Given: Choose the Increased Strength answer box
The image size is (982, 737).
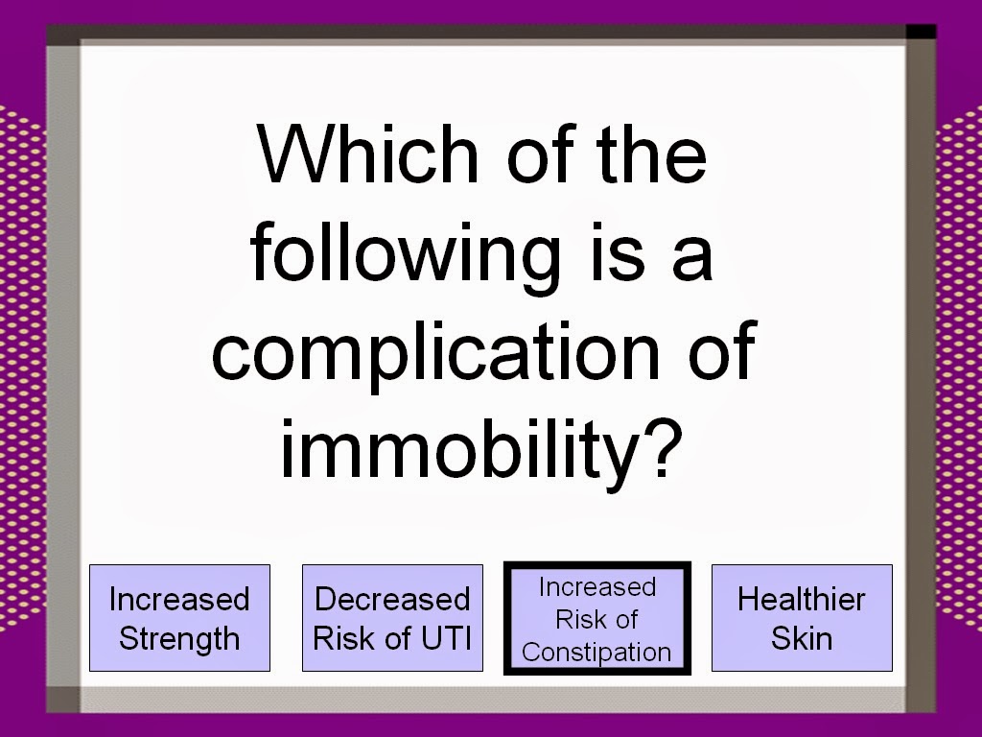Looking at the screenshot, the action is (179, 618).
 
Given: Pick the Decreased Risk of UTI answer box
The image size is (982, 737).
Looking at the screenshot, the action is (392, 618).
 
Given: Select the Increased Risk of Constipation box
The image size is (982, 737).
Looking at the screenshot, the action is (597, 619).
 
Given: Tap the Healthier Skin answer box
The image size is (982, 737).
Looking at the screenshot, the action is (802, 618).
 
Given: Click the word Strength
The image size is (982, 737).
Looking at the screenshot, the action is (179, 639).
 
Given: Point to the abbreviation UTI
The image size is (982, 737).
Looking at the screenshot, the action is (446, 638).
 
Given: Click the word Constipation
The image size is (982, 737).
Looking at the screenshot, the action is (596, 653).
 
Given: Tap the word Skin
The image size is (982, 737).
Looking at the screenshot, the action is (802, 638).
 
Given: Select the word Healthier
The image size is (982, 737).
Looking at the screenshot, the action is (802, 599).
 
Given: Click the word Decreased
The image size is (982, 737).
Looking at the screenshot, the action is (392, 599).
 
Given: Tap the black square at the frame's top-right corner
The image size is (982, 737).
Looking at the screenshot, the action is (921, 32).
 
